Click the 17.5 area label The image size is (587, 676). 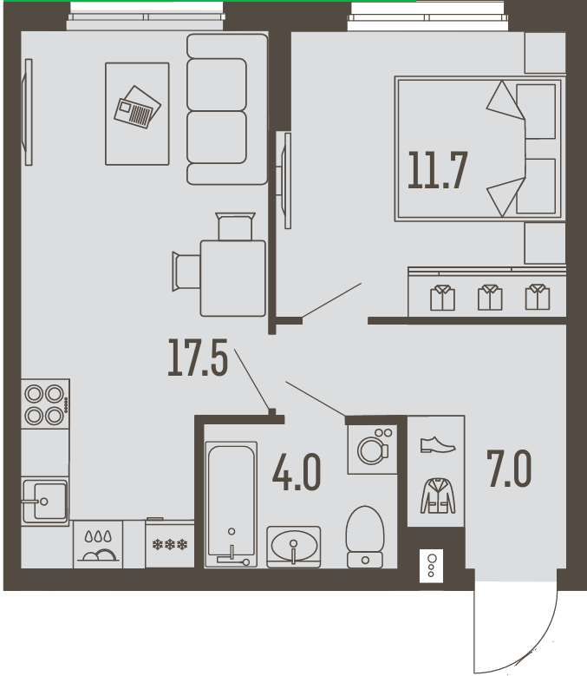click(198, 358)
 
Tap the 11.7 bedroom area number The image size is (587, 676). click(437, 171)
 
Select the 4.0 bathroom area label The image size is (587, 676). click(297, 472)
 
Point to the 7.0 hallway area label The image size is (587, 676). click(509, 469)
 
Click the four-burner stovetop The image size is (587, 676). click(45, 404)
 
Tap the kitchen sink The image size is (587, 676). click(45, 502)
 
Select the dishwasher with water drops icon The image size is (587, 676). click(98, 544)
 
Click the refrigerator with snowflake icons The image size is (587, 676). click(170, 543)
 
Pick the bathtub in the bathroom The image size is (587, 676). click(232, 504)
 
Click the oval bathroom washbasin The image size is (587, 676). click(294, 546)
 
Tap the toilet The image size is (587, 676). click(365, 537)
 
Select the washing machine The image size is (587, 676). click(373, 450)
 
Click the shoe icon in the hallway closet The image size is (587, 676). click(438, 444)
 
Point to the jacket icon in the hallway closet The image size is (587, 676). click(438, 496)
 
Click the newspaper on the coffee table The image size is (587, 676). click(137, 107)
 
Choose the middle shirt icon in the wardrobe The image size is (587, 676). click(490, 297)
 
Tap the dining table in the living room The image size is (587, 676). click(233, 279)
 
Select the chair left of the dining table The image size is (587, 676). click(186, 272)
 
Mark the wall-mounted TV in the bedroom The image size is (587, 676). click(286, 180)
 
